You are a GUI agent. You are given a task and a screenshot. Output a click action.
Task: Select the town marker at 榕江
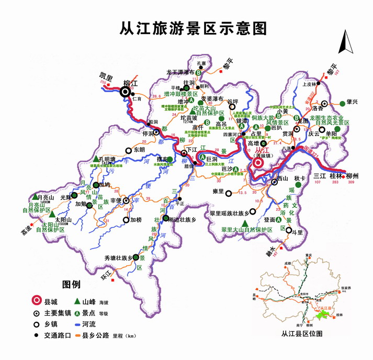coord(126,92)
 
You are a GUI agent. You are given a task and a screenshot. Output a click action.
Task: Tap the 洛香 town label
coord(318,108)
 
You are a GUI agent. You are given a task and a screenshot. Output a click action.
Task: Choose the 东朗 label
coord(139,150)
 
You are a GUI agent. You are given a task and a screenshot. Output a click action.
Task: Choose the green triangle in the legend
coord(77,301)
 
